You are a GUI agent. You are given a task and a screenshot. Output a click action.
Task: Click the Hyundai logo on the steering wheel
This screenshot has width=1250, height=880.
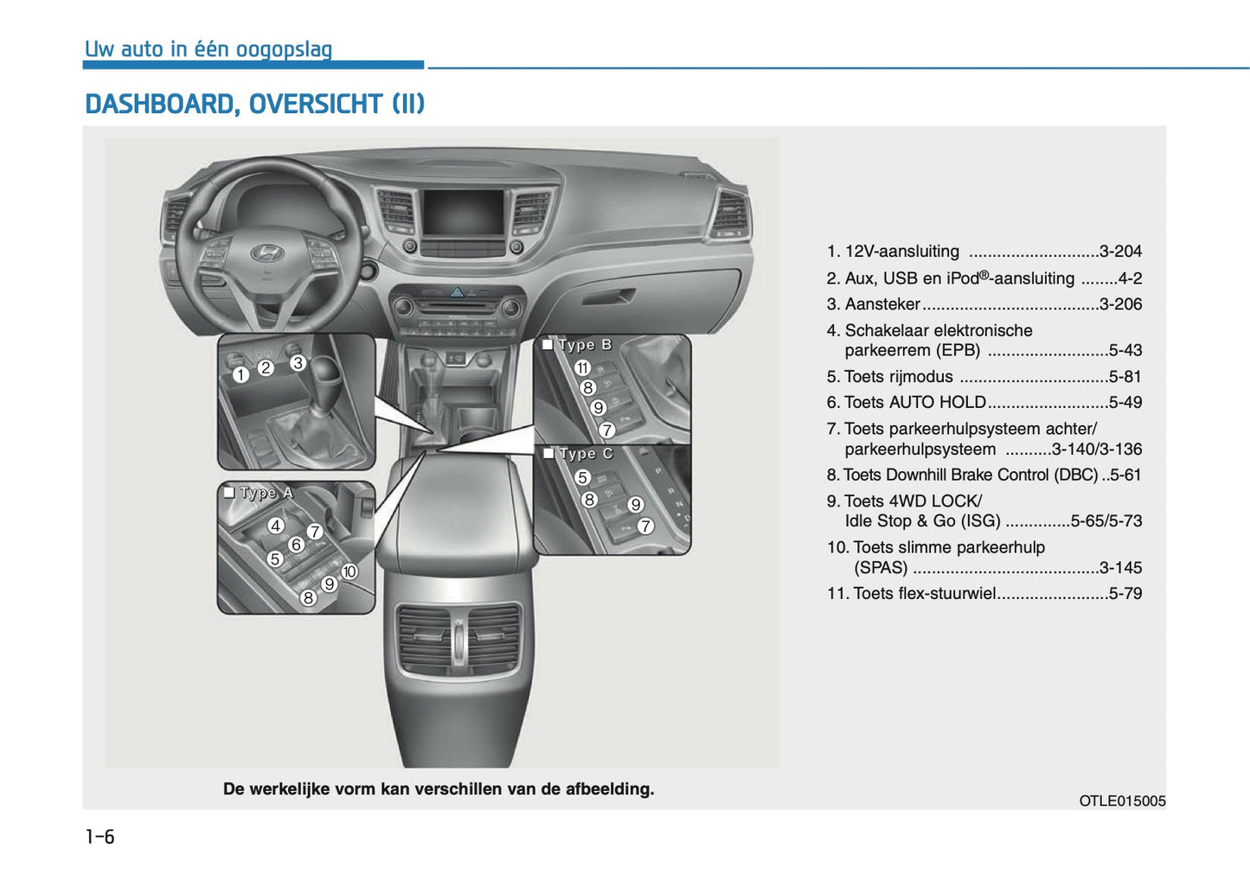click(x=266, y=252)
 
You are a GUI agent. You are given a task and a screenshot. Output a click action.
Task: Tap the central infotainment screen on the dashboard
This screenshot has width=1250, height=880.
click(x=462, y=214)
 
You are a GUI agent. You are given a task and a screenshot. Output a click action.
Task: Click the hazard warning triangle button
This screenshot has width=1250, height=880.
click(x=457, y=292)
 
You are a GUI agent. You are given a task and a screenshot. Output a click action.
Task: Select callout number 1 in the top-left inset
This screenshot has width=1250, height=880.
click(x=240, y=374)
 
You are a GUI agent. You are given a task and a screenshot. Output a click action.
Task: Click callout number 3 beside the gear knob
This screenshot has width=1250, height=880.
click(x=298, y=363)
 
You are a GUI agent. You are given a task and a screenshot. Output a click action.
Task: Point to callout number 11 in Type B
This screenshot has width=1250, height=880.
click(x=582, y=368)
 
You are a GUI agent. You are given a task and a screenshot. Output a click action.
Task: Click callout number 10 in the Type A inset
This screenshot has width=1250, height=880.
click(x=349, y=571)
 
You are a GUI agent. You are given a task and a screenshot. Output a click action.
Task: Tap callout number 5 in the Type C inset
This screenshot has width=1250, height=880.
click(x=582, y=477)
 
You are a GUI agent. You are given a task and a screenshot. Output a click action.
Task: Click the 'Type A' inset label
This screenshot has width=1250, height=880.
click(x=266, y=493)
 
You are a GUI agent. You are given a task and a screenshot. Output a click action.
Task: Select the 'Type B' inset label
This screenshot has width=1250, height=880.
click(x=585, y=345)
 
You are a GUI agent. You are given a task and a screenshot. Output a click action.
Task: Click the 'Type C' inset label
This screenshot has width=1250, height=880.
click(x=586, y=454)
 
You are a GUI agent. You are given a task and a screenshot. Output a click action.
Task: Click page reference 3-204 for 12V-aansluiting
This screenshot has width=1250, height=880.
click(x=1120, y=252)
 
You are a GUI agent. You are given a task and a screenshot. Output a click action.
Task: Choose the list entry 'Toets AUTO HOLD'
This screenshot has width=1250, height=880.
click(x=915, y=403)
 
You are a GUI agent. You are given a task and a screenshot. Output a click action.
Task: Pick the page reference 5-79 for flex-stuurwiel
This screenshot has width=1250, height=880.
click(x=1125, y=594)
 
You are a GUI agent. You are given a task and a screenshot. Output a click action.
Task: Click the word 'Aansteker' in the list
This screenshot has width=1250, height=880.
click(x=882, y=304)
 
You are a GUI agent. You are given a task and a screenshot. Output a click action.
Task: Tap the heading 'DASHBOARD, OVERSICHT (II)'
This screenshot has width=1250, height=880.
click(x=254, y=105)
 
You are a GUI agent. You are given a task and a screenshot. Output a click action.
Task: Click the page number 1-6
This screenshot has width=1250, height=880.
click(x=99, y=837)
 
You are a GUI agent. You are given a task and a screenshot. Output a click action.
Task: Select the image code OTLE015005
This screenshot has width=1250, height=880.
click(x=1122, y=801)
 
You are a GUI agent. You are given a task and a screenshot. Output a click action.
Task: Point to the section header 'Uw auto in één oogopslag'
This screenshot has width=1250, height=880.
click(x=208, y=49)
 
